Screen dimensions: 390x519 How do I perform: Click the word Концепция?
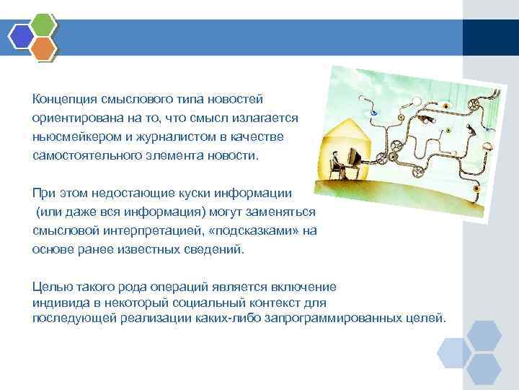coord(60,98)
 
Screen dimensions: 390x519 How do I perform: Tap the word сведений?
coord(221,250)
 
